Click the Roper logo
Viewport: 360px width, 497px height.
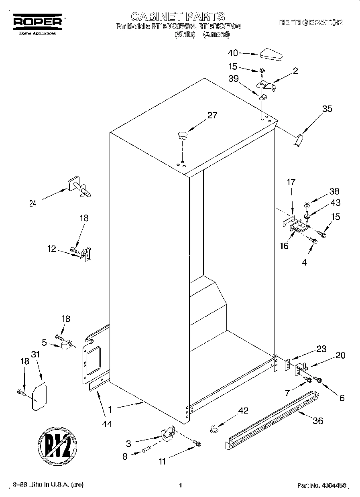pyautogui.click(x=38, y=22)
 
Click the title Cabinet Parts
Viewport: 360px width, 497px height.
pyautogui.click(x=178, y=16)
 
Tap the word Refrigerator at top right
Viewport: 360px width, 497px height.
pyautogui.click(x=310, y=23)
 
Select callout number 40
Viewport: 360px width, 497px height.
pyautogui.click(x=233, y=53)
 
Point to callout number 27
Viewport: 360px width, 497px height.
pyautogui.click(x=212, y=116)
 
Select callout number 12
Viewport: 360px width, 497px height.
pyautogui.click(x=51, y=249)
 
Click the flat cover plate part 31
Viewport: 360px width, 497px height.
pyautogui.click(x=39, y=397)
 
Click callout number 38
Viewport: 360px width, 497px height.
pyautogui.click(x=334, y=191)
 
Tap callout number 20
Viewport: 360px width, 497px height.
pyautogui.click(x=340, y=355)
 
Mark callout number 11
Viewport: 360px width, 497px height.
pyautogui.click(x=162, y=461)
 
